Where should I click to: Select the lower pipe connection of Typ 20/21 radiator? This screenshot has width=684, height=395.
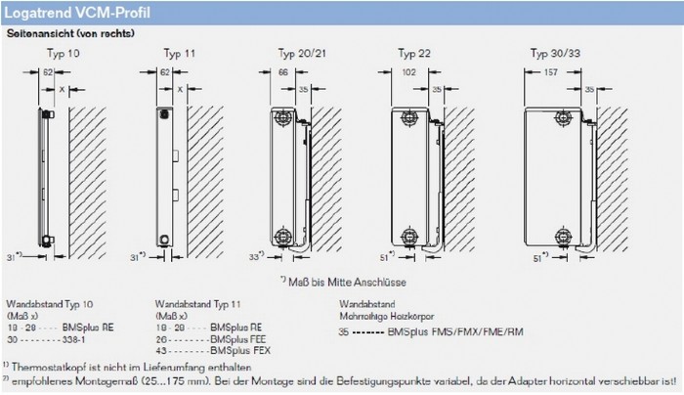(x=282, y=235)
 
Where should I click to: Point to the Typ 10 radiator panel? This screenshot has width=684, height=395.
(x=40, y=176)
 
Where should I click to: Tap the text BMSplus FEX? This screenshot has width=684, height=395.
(x=226, y=349)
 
